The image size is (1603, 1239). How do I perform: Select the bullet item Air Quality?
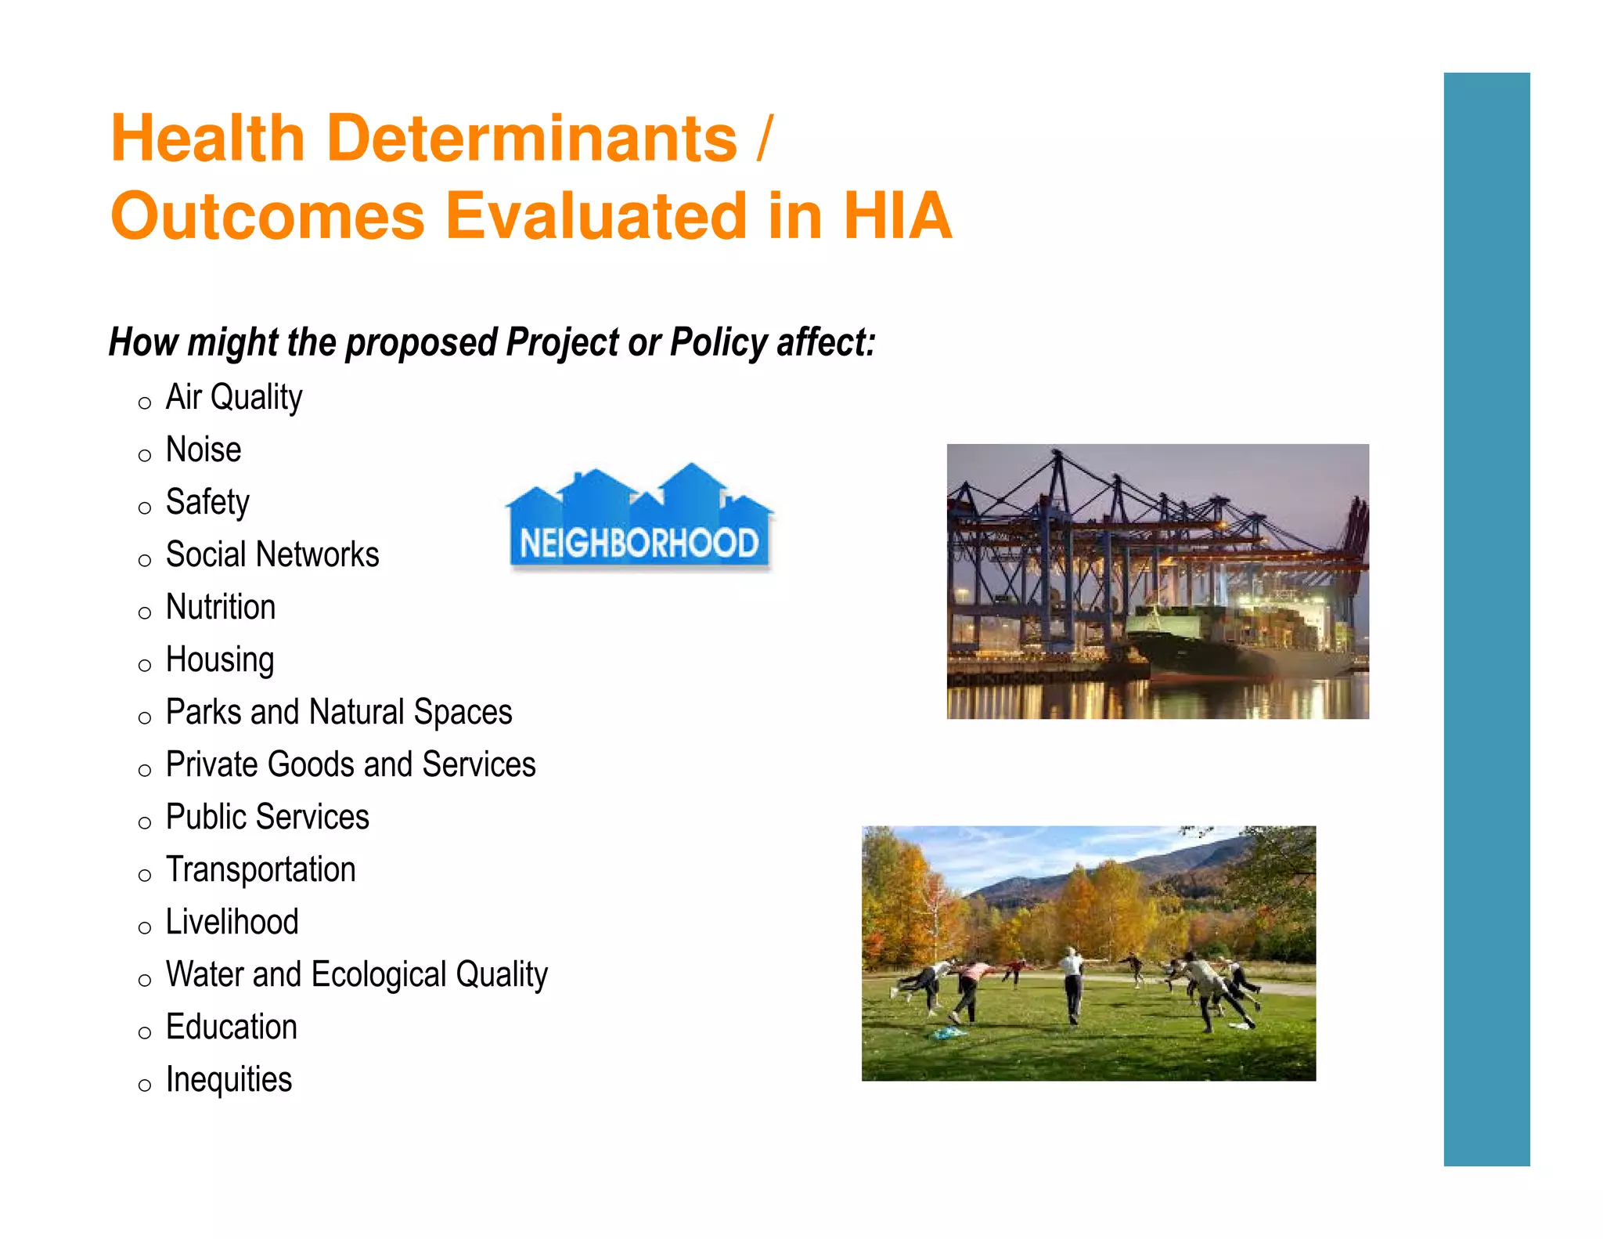coord(233,397)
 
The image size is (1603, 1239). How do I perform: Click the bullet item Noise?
coord(204,450)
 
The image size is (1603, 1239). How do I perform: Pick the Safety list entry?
coord(207,502)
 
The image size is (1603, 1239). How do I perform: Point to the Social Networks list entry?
coord(272,554)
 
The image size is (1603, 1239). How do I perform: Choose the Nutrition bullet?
coord(221,607)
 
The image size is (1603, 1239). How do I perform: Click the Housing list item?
coord(220,659)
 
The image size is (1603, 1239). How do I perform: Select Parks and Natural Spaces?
coord(338,712)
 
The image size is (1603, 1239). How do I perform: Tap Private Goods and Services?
coord(350,764)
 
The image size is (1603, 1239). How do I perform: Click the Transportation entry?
coord(261,869)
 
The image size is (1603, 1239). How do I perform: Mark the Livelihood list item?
coord(232,922)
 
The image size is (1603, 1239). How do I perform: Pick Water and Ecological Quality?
coord(356,974)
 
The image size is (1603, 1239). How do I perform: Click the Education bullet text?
coord(231,1027)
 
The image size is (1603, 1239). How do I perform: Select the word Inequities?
coord(229,1079)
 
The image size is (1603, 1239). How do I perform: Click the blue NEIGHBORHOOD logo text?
coord(639,543)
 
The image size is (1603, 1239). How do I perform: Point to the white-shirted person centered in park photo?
coord(1072,983)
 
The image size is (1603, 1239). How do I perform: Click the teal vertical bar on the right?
coord(1486,619)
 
